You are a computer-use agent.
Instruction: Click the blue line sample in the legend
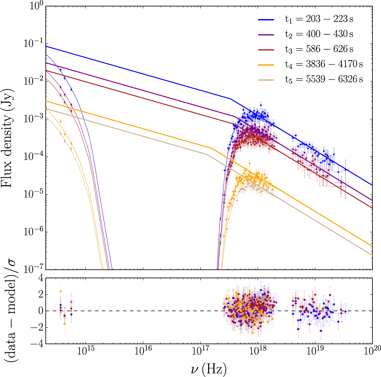(266, 19)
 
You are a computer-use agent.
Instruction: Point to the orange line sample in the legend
(266, 64)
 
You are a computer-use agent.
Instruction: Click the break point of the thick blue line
(230, 99)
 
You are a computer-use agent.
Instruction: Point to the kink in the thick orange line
(212, 148)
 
